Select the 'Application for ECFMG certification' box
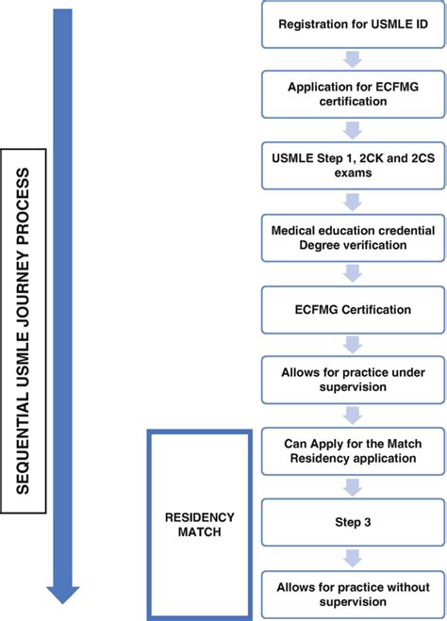[x=351, y=94]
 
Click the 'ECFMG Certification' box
[x=351, y=308]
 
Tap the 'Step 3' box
[x=351, y=518]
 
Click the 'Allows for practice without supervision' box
[x=351, y=594]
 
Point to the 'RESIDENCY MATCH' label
[x=199, y=526]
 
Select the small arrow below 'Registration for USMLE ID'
[x=351, y=59]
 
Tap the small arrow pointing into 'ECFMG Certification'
[x=351, y=272]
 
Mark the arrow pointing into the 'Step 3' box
[x=351, y=485]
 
